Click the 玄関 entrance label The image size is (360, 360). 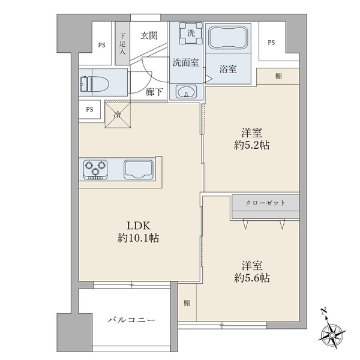pyautogui.click(x=149, y=36)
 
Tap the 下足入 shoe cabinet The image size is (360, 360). pyautogui.click(x=122, y=44)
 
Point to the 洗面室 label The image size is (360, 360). pyautogui.click(x=186, y=61)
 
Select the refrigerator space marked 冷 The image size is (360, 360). pyautogui.click(x=118, y=114)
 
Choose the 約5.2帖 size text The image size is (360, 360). pyautogui.click(x=251, y=146)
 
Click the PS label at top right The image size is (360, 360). pyautogui.click(x=272, y=43)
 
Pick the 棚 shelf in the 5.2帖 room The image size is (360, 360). pyautogui.click(x=278, y=76)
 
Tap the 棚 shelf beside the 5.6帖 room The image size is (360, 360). pyautogui.click(x=187, y=303)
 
